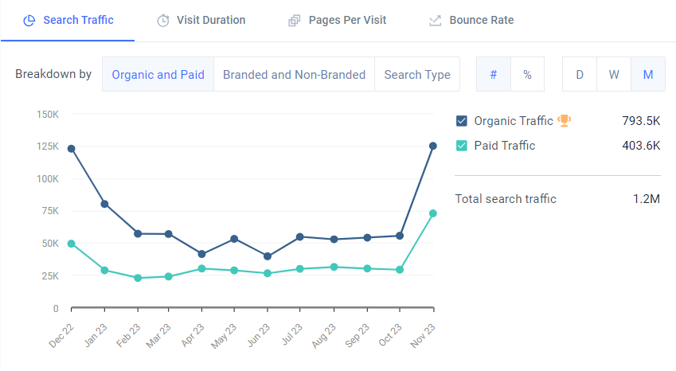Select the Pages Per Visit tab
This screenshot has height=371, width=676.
coord(337,20)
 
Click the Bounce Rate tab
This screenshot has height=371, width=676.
coord(471,20)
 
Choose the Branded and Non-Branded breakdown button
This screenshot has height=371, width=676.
coord(294,75)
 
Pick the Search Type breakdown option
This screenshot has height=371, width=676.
coord(416,75)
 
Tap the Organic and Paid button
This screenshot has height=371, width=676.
coord(158,75)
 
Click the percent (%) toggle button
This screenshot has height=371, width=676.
coord(527,75)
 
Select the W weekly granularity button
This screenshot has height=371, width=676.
coord(614,75)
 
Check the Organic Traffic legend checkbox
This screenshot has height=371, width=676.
coord(461,121)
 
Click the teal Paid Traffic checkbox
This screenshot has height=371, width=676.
coord(461,146)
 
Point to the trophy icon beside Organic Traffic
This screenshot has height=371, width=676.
coord(564,121)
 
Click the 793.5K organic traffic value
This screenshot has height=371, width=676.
coord(641,121)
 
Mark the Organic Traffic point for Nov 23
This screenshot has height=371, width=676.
coord(433,146)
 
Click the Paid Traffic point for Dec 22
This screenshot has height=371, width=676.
coord(72,244)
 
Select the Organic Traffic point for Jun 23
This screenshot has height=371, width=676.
coord(268,256)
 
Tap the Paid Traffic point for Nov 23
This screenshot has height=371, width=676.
coord(433,213)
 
